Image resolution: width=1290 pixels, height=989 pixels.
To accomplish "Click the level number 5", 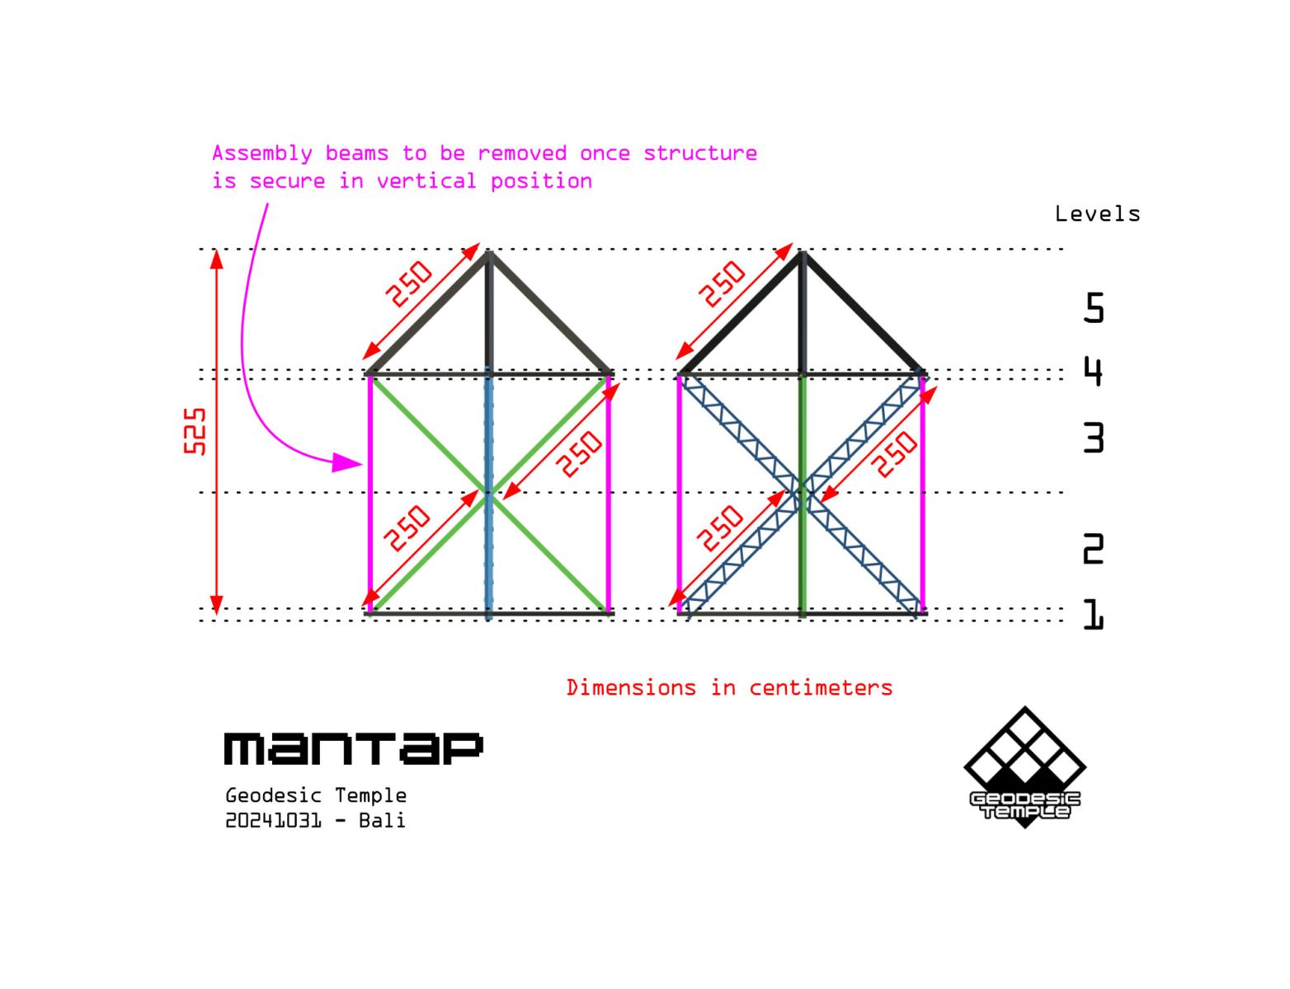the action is click(x=1094, y=307).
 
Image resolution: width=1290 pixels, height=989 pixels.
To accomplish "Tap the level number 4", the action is click(x=1094, y=372).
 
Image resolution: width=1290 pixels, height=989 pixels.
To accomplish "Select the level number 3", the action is click(x=1094, y=438).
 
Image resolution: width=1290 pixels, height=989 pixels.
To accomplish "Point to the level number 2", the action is click(x=1094, y=548).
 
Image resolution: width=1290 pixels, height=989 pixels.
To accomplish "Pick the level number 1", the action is click(x=1094, y=614).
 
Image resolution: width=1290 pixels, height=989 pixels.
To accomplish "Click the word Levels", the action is click(x=1098, y=214).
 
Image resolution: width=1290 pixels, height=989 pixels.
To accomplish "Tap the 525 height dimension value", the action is click(x=195, y=431).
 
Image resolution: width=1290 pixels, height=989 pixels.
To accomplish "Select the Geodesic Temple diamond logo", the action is click(x=1024, y=766).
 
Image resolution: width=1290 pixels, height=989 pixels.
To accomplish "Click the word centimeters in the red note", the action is click(x=821, y=688).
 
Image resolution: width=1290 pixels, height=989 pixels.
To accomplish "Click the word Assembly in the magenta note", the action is click(x=261, y=153).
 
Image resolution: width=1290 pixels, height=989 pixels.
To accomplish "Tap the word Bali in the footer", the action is click(x=382, y=821).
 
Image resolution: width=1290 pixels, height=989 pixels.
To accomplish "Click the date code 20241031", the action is click(x=274, y=821).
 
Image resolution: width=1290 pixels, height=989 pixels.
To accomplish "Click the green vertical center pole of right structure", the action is click(x=802, y=495).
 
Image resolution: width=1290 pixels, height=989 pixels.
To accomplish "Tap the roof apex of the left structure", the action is click(x=488, y=252).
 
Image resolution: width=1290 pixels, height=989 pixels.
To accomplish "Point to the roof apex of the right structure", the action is click(x=802, y=252).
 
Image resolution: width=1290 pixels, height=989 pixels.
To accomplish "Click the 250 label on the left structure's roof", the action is click(x=409, y=284).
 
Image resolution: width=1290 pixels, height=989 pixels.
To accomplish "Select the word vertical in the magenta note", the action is click(x=426, y=181).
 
